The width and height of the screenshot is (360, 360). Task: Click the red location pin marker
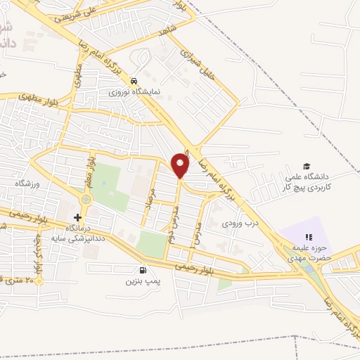point(181,165)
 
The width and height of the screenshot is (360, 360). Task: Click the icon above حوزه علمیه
point(307,238)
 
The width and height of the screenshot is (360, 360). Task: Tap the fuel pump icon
point(143,269)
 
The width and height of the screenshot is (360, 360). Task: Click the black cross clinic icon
point(77,217)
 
